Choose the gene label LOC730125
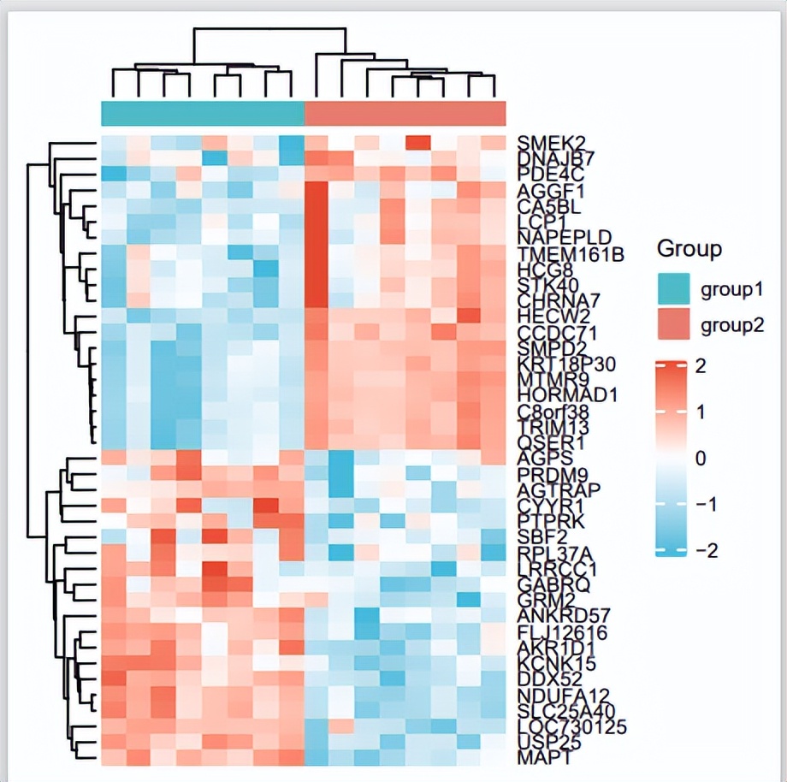[x=572, y=727]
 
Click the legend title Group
[x=689, y=249]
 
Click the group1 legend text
[x=731, y=290]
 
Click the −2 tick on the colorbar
[x=704, y=549]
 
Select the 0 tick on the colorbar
[x=700, y=459]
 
